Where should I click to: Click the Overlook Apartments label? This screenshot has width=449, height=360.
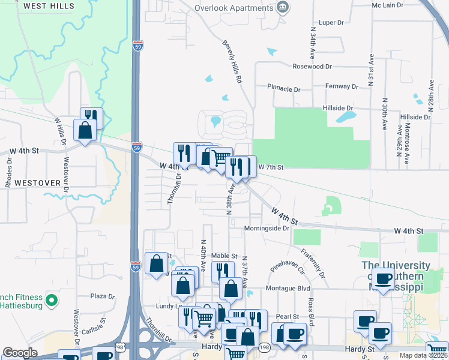[x=234, y=8]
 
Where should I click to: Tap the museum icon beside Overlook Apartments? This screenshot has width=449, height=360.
[x=282, y=8]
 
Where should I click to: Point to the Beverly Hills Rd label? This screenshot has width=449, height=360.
[x=232, y=61]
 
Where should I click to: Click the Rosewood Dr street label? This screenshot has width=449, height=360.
[x=312, y=67]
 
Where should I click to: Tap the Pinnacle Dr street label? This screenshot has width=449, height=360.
[x=283, y=89]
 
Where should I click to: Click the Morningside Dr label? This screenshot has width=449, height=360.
[x=267, y=229]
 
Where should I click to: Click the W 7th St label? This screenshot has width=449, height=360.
[x=270, y=166]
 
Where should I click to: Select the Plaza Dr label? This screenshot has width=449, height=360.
[x=102, y=296]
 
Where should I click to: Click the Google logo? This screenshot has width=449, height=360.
[x=20, y=353]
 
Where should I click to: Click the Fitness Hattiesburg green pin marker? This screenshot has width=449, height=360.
[x=52, y=299]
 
